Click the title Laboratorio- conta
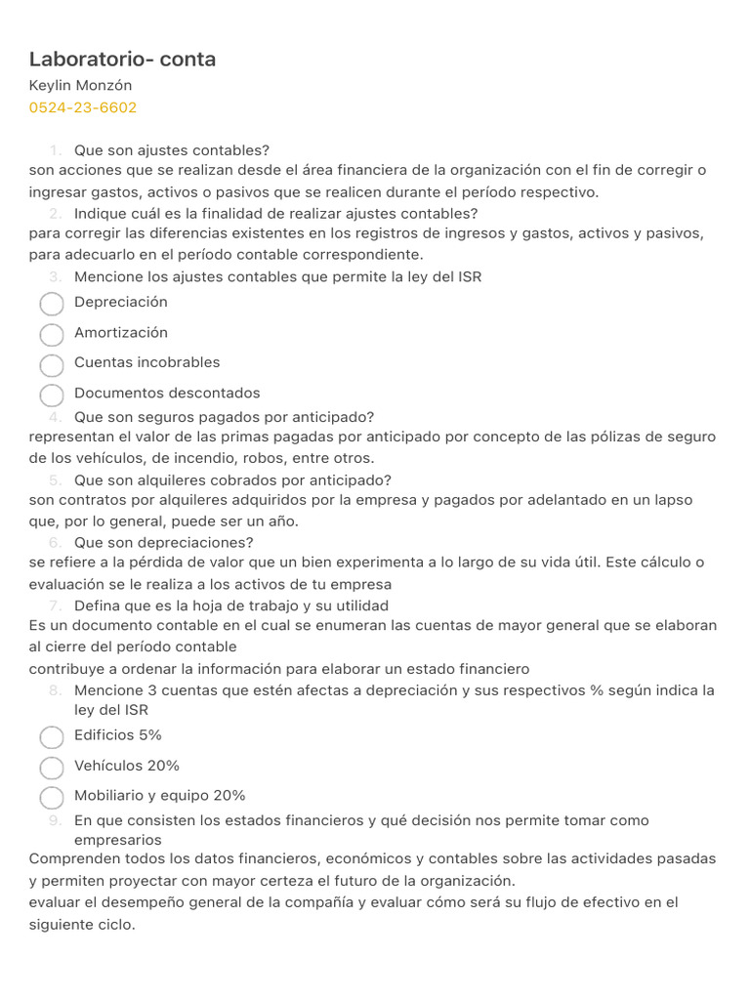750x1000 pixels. click(122, 60)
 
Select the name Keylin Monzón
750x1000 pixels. click(80, 86)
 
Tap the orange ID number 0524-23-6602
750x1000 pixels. click(83, 107)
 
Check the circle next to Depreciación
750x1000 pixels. click(52, 305)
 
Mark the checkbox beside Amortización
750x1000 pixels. click(52, 335)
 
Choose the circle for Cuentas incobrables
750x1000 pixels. click(52, 365)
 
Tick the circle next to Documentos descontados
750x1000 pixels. click(52, 396)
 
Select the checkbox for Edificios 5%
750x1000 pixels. click(52, 737)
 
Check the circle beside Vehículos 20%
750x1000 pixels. click(52, 768)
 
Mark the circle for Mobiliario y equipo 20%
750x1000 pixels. click(52, 798)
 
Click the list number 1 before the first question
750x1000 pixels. click(56, 150)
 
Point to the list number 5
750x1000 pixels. click(56, 480)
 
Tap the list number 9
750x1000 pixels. click(56, 820)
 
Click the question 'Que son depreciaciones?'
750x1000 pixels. click(164, 543)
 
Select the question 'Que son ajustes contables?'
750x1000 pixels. click(172, 150)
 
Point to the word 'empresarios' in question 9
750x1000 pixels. click(118, 840)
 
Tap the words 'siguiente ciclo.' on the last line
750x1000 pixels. click(82, 923)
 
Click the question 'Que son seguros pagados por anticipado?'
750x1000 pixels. click(225, 417)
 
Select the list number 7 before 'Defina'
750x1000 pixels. click(56, 605)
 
